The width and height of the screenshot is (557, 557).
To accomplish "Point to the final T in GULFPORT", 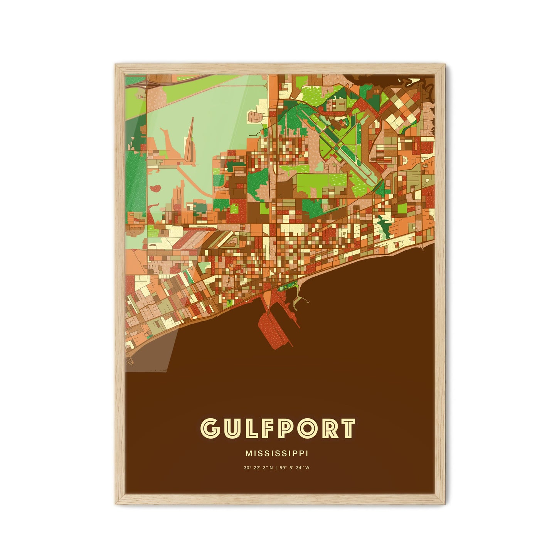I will pyautogui.click(x=346, y=428).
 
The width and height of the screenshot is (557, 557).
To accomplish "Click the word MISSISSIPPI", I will pyautogui.click(x=276, y=454).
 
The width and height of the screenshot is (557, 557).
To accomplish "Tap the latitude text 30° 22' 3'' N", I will pyautogui.click(x=258, y=468).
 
